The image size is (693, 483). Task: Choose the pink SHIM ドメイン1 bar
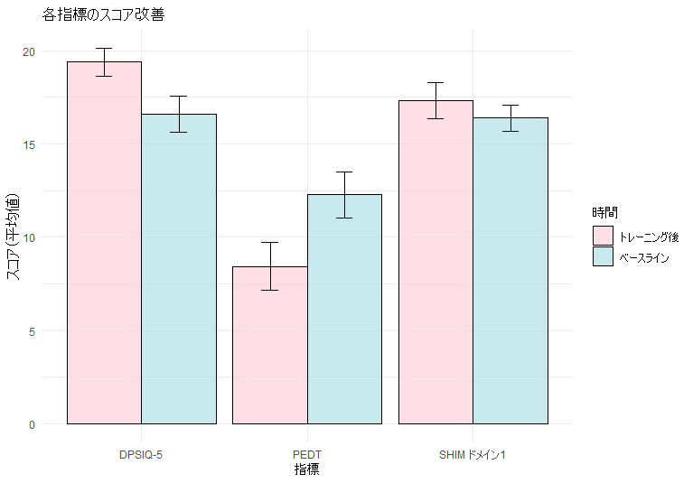click(x=435, y=262)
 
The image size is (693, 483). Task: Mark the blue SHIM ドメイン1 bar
click(x=510, y=270)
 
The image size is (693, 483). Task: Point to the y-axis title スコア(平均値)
click(x=14, y=237)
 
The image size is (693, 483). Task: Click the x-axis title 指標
click(x=307, y=469)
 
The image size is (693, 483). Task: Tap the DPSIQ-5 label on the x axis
click(x=141, y=454)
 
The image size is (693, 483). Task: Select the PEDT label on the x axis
click(x=307, y=454)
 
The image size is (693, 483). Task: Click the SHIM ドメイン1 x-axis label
click(x=473, y=454)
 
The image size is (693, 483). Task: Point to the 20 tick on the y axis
click(x=29, y=51)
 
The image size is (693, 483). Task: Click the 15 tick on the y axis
click(x=29, y=144)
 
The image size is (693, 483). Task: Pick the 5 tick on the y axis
click(x=32, y=331)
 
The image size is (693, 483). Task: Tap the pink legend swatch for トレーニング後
click(x=603, y=237)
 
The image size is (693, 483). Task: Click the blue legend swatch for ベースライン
click(x=603, y=257)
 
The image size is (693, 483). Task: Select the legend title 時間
click(x=604, y=213)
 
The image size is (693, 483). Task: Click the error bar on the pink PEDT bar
click(x=269, y=265)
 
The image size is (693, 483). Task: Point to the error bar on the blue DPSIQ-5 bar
click(x=179, y=114)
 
